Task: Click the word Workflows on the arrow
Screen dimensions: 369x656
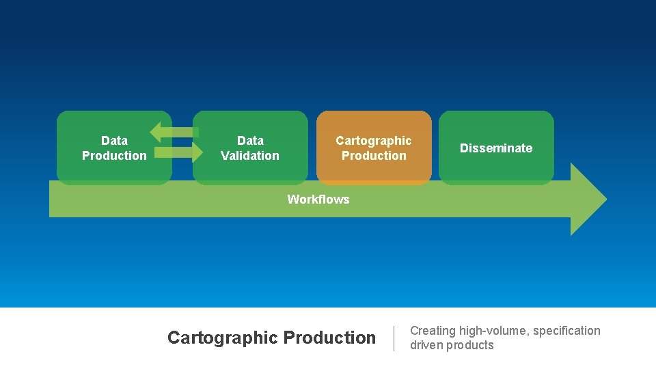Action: tap(318, 200)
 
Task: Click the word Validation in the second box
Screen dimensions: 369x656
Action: tap(250, 156)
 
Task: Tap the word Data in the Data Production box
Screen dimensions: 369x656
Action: tap(114, 141)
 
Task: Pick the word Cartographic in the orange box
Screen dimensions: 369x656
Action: tap(374, 141)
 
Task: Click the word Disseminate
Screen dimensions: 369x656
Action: tap(496, 148)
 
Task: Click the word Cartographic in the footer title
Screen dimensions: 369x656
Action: tap(223, 338)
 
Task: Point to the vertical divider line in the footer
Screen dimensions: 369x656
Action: tap(394, 338)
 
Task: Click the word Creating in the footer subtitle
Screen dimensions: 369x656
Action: tap(433, 331)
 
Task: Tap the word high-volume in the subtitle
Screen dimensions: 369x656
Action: tap(493, 331)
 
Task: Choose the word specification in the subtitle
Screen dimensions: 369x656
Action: tap(566, 331)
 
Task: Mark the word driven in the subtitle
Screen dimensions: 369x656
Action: tap(426, 345)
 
